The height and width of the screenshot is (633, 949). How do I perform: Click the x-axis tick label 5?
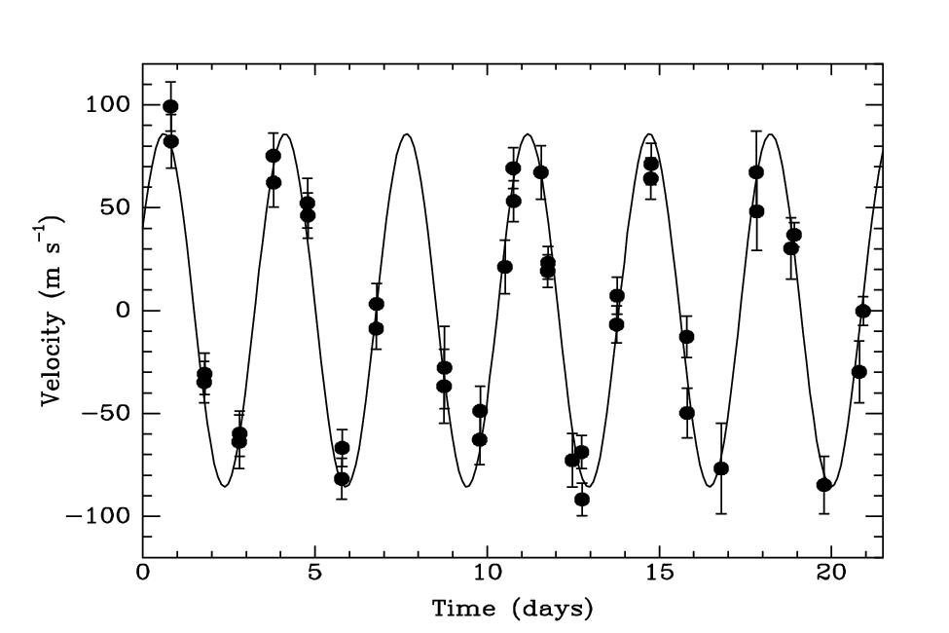click(x=314, y=575)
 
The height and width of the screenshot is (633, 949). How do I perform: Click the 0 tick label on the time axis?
click(x=143, y=575)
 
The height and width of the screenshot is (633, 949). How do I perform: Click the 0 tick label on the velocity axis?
click(x=122, y=311)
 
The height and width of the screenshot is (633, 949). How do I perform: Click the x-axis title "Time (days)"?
click(x=512, y=610)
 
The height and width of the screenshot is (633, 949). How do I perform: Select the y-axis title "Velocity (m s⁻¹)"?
click(x=54, y=311)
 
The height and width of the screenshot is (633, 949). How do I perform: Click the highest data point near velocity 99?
click(x=170, y=107)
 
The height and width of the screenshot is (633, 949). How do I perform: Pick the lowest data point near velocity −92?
click(x=582, y=500)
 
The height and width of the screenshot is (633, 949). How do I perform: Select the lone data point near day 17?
click(x=721, y=468)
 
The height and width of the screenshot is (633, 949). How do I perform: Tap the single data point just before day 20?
click(x=823, y=485)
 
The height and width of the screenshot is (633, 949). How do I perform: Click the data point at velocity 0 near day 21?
click(x=862, y=311)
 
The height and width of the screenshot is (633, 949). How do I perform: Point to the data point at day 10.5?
click(x=504, y=267)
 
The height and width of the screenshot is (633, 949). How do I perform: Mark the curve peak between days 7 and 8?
click(x=406, y=134)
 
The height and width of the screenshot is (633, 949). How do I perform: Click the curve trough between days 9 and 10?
click(x=467, y=486)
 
